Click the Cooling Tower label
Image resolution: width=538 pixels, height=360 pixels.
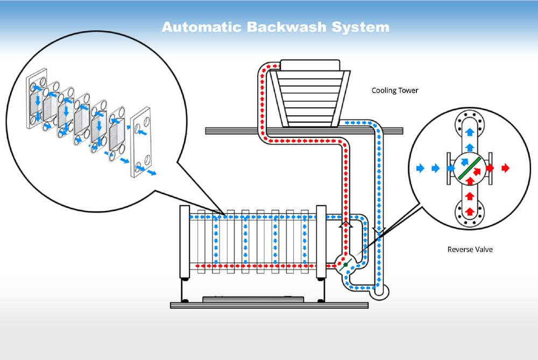pos(394,90)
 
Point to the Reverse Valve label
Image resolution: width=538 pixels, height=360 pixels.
pos(470,250)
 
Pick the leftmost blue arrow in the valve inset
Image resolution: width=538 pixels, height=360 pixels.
pos(420,168)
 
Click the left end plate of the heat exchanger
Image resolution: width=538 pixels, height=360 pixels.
pos(184,242)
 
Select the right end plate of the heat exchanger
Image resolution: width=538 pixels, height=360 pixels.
pos(321,242)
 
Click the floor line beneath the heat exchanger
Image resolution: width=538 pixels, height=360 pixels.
pos(269,305)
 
